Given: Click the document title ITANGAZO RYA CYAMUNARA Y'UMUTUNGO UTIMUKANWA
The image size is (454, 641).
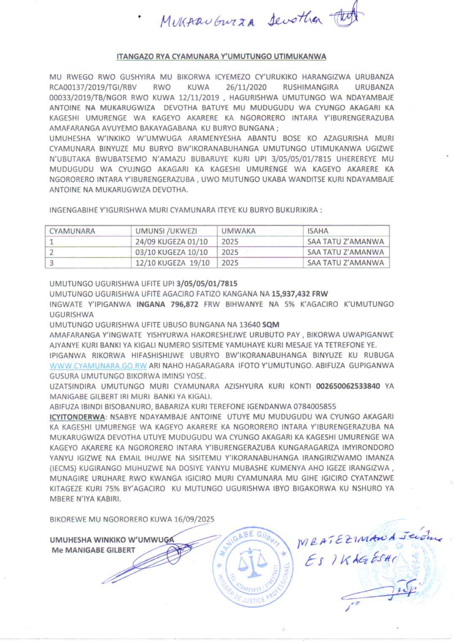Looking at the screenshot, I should coord(221,57).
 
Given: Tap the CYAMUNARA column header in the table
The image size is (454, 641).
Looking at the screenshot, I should coord(72,231).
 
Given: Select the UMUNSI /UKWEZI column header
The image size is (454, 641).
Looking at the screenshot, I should coord(166,231).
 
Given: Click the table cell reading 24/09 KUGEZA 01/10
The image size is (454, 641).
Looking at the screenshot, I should coord(171,242).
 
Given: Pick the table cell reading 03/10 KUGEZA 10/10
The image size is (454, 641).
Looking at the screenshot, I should coord(171,252).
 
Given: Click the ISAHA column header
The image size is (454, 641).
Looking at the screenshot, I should coord(318,231).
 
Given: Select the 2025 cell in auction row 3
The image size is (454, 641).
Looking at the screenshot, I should coord(230,263).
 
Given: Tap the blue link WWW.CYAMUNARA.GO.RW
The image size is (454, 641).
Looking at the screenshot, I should coord(98,366).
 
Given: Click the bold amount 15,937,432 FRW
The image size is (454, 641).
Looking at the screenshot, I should coord(299,294).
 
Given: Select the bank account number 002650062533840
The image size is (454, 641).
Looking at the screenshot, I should coord(348,386).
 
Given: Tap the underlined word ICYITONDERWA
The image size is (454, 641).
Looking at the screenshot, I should coord(77,417).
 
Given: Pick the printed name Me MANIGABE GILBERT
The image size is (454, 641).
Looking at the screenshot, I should coord(93,550).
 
